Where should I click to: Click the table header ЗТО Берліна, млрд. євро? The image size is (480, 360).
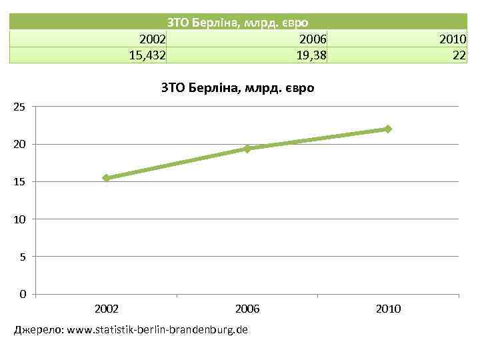[x=237, y=22]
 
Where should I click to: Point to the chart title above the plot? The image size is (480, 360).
[x=237, y=87]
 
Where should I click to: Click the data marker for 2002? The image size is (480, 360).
[x=106, y=178]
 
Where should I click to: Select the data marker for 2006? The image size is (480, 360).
[x=247, y=149]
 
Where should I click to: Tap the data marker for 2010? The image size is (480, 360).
[x=388, y=129]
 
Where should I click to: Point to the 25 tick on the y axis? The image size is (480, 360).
[x=19, y=107]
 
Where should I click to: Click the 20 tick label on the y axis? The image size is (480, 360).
[x=19, y=144]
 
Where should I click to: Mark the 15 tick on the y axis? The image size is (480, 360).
[x=19, y=181]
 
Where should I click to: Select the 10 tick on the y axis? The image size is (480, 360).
[x=19, y=219]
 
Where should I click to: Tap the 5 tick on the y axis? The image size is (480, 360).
[x=22, y=256]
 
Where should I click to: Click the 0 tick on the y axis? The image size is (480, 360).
[x=22, y=294]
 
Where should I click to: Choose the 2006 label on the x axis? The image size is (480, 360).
[x=247, y=309]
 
